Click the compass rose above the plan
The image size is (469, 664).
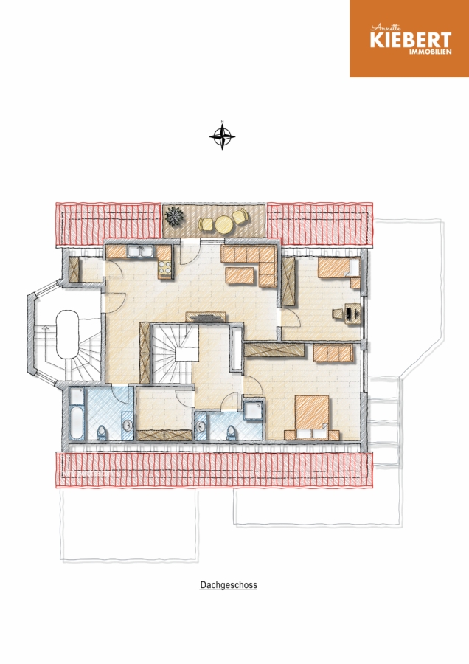[222, 136]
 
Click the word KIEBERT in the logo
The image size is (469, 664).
[411, 41]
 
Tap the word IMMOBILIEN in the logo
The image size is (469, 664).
[430, 52]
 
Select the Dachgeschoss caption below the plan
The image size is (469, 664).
[229, 585]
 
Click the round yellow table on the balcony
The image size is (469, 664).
[224, 224]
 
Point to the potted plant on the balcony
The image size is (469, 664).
[174, 216]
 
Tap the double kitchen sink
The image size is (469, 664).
[141, 252]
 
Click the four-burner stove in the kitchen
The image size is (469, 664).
[164, 267]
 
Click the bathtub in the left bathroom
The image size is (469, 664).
[77, 414]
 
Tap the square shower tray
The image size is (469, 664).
[253, 409]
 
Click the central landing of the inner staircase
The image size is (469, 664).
[187, 353]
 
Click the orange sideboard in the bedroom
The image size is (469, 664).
[333, 353]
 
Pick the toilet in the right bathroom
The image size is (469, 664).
[232, 433]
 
